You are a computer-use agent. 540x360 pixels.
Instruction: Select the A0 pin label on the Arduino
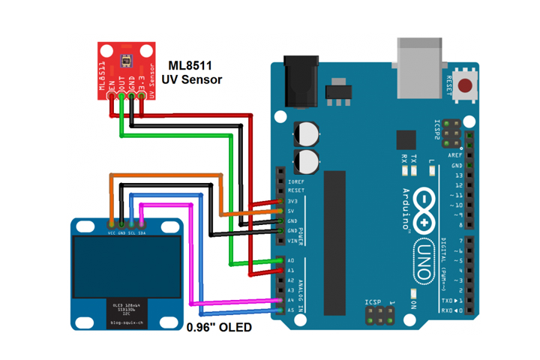(x=291, y=261)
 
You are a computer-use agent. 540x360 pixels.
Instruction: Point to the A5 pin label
(x=291, y=310)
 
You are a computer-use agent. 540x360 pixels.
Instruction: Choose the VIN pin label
(x=292, y=241)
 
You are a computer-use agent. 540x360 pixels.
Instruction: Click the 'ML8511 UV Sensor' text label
(x=195, y=72)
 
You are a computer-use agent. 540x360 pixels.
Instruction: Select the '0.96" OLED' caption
(x=218, y=328)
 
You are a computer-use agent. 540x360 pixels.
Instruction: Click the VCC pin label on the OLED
(x=112, y=233)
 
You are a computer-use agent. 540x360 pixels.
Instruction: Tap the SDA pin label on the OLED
(x=142, y=233)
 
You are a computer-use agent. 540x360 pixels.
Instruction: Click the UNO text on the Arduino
(x=421, y=262)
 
